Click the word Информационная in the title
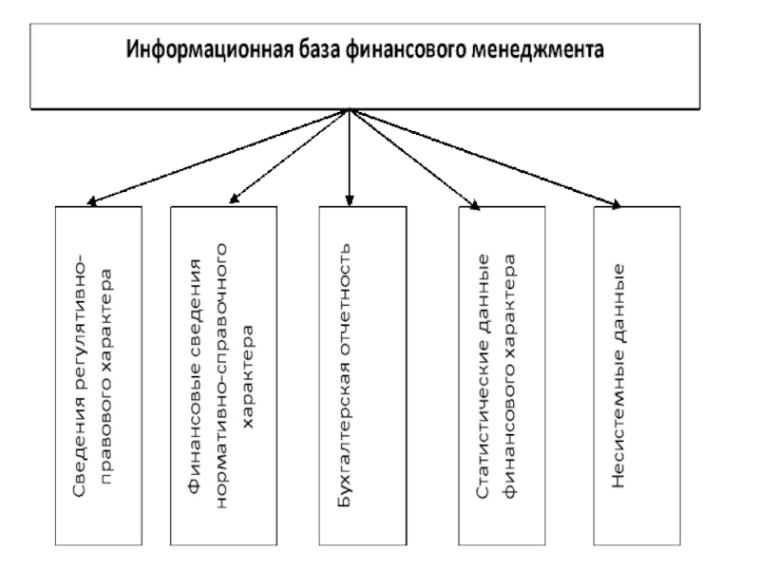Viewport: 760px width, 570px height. (x=209, y=50)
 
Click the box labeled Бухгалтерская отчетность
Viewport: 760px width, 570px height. (x=363, y=375)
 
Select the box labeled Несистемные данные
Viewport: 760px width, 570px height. (x=636, y=375)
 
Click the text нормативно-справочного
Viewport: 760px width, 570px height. (x=220, y=375)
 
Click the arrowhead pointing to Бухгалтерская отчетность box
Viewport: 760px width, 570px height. (x=350, y=200)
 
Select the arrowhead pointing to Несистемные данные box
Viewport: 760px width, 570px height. (x=615, y=204)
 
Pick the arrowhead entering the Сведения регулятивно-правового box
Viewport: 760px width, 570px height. (x=92, y=201)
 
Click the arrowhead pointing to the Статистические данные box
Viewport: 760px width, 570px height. (x=474, y=204)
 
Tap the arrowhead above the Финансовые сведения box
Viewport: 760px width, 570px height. (x=235, y=198)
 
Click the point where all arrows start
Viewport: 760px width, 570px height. (x=350, y=109)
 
